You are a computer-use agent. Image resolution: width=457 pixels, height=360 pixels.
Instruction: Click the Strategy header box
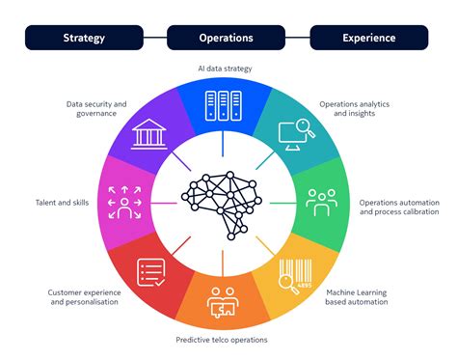[85, 38]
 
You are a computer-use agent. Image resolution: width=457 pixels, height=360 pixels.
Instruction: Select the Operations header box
[227, 38]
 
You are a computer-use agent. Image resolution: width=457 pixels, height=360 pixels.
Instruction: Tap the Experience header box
[369, 38]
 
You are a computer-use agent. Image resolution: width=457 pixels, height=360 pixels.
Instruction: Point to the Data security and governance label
[96, 109]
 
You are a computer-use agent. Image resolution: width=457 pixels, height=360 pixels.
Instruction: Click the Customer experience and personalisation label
[83, 295]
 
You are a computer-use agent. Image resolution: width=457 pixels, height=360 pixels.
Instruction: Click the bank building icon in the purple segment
[148, 135]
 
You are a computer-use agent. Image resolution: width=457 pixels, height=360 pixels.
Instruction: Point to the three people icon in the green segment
[321, 201]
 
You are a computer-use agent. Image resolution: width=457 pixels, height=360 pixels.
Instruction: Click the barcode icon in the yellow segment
[297, 273]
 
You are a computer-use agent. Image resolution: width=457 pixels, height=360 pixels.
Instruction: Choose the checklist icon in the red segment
[151, 273]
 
